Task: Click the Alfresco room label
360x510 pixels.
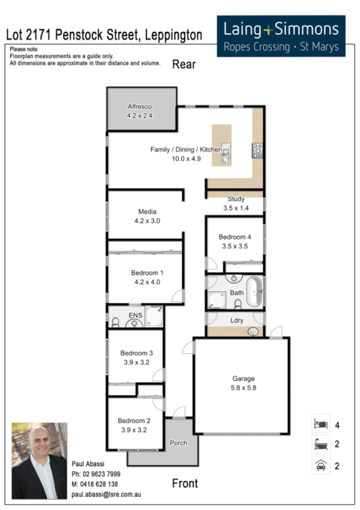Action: (x=139, y=106)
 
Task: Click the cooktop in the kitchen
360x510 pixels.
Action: (x=257, y=150)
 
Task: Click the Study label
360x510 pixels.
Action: (x=236, y=199)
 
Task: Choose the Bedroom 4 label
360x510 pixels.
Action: (x=234, y=237)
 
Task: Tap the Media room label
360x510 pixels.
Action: (x=147, y=212)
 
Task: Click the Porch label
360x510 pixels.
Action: (x=178, y=443)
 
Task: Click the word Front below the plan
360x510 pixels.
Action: (x=185, y=483)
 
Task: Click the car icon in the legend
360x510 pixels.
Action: (x=320, y=465)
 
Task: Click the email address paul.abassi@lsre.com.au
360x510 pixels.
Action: (x=105, y=494)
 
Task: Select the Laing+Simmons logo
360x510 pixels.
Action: (x=281, y=35)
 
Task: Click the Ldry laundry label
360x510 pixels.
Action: (x=237, y=320)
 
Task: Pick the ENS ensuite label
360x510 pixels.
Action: (x=135, y=314)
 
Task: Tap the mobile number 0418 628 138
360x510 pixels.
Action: (x=95, y=484)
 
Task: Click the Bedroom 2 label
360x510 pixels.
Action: (x=133, y=421)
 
